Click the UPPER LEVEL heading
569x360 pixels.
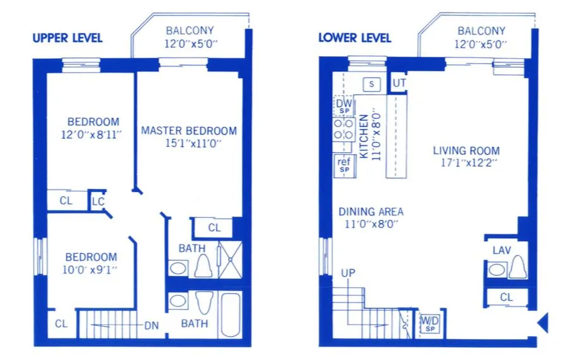point(67,38)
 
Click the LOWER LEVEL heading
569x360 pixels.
point(354,38)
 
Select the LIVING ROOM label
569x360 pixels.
point(466,151)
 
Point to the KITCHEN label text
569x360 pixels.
point(364,135)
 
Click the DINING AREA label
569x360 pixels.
point(371,212)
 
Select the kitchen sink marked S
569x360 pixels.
point(371,83)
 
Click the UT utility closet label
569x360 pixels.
point(399,83)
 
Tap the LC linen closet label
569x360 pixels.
point(98,201)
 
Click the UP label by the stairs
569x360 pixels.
point(348,273)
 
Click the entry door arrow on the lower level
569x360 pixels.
point(542,322)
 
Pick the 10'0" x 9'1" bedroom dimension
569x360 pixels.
point(92,269)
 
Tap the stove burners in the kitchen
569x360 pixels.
point(344,130)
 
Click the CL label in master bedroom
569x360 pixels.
point(214,228)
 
